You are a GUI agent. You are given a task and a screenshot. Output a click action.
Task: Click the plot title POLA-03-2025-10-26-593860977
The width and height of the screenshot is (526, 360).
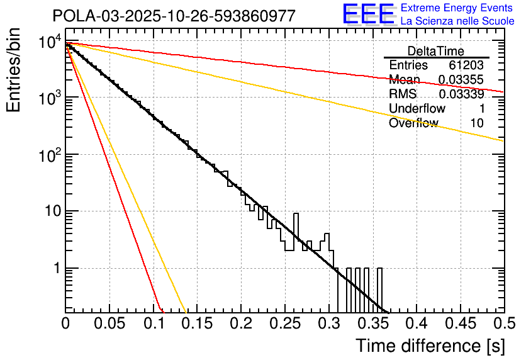click(x=174, y=16)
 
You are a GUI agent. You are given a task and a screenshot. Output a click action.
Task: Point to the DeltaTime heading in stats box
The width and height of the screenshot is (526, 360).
click(x=436, y=51)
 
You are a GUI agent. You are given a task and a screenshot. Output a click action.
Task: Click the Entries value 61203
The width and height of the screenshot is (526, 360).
click(x=466, y=65)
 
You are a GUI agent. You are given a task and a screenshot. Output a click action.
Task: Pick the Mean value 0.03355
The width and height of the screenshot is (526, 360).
click(x=461, y=80)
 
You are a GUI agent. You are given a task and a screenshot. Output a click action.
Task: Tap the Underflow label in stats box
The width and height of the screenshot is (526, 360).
click(x=417, y=109)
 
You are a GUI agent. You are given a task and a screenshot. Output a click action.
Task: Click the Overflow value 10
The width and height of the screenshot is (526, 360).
click(x=478, y=123)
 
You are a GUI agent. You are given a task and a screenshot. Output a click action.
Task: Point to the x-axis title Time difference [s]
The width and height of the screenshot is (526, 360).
click(x=430, y=346)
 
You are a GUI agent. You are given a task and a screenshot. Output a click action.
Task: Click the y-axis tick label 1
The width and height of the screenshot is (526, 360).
click(x=56, y=268)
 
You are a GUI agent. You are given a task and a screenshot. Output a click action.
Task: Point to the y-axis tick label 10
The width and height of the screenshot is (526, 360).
click(x=52, y=211)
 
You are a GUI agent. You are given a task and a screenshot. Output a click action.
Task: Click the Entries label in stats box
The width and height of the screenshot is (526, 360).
click(x=408, y=65)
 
